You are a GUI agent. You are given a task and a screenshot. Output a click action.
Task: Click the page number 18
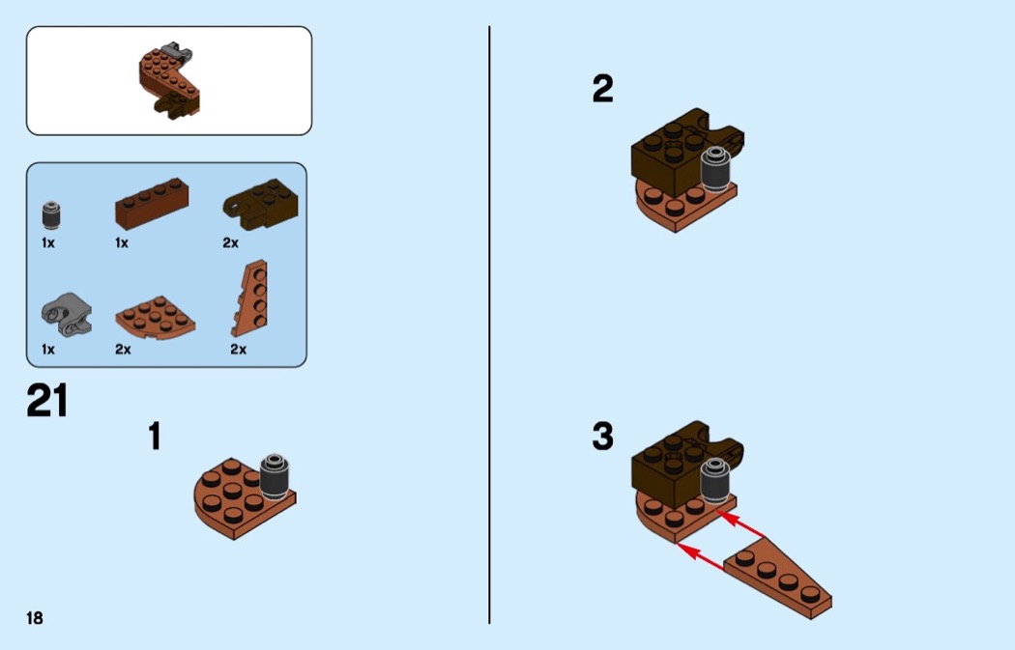[x=34, y=618]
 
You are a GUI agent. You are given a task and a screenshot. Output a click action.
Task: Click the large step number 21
[x=47, y=401]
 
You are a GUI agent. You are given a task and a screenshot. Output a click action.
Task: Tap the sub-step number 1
[x=154, y=436]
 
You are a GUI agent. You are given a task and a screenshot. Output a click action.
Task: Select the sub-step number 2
[x=602, y=89]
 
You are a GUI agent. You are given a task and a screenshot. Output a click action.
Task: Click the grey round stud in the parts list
[x=52, y=215]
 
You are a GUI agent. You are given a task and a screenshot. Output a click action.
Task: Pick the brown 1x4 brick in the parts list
[x=152, y=204]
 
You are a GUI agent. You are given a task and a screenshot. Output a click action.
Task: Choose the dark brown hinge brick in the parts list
[x=260, y=204]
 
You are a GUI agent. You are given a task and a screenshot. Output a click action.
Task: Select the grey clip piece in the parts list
[x=67, y=315]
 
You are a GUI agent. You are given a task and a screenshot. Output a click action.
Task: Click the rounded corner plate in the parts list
[x=156, y=319]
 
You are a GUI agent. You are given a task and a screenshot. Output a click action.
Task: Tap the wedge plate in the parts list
[x=250, y=298]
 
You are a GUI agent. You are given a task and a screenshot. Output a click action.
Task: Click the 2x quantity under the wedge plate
[x=238, y=350]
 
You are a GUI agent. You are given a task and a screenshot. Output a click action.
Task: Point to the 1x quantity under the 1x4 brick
[x=122, y=243]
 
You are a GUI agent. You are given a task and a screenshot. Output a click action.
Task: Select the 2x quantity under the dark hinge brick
[x=230, y=243]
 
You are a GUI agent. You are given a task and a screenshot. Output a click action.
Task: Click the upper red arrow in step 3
[x=739, y=525]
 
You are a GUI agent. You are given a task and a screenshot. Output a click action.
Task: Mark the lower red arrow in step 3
[x=700, y=557]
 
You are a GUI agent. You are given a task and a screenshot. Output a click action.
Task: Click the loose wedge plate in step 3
[x=777, y=579]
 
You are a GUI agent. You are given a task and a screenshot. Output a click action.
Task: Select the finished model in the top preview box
[x=170, y=81]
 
